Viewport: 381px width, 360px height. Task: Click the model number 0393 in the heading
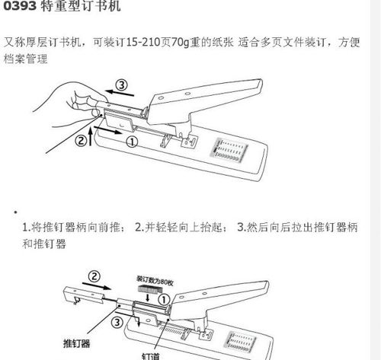(21, 8)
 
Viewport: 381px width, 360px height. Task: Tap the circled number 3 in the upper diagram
(120, 84)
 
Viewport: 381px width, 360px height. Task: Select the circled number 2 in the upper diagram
(82, 140)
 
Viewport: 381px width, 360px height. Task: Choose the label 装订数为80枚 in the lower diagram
(156, 278)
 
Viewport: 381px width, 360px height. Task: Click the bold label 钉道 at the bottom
(150, 353)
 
